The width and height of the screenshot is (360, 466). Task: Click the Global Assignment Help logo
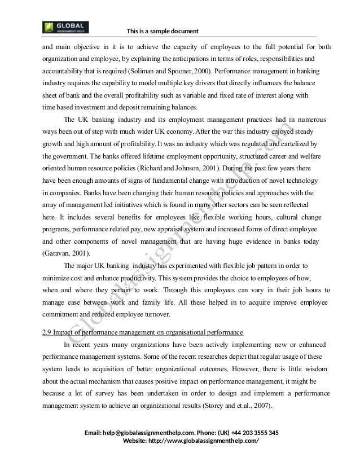pos(65,27)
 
